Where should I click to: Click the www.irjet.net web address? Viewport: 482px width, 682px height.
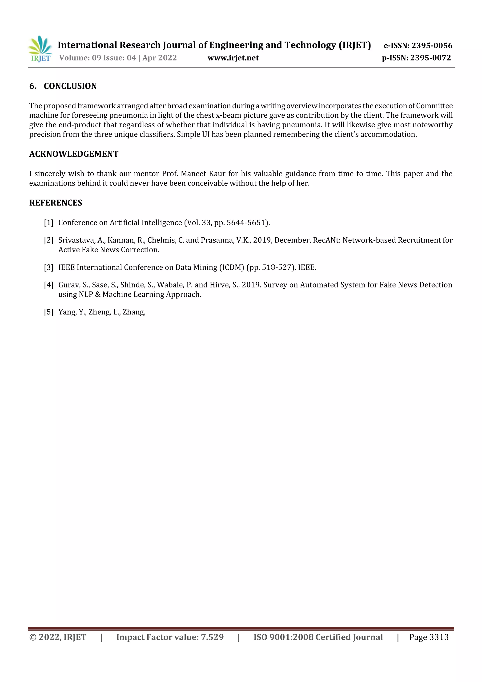(x=233, y=58)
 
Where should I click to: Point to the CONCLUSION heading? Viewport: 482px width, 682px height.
(x=70, y=86)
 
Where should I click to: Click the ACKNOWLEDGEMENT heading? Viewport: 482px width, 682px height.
(x=74, y=154)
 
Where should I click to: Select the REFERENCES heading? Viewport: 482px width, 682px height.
(x=56, y=203)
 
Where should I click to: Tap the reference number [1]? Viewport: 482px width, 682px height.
(x=49, y=222)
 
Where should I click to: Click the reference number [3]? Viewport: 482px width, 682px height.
(x=49, y=267)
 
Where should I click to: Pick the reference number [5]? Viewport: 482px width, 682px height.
(x=49, y=312)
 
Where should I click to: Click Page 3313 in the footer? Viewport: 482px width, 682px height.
(x=429, y=637)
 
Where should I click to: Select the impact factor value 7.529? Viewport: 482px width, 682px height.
(x=212, y=637)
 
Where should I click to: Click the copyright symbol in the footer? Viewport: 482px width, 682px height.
(x=32, y=637)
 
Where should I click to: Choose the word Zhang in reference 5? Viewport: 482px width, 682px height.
(x=134, y=312)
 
